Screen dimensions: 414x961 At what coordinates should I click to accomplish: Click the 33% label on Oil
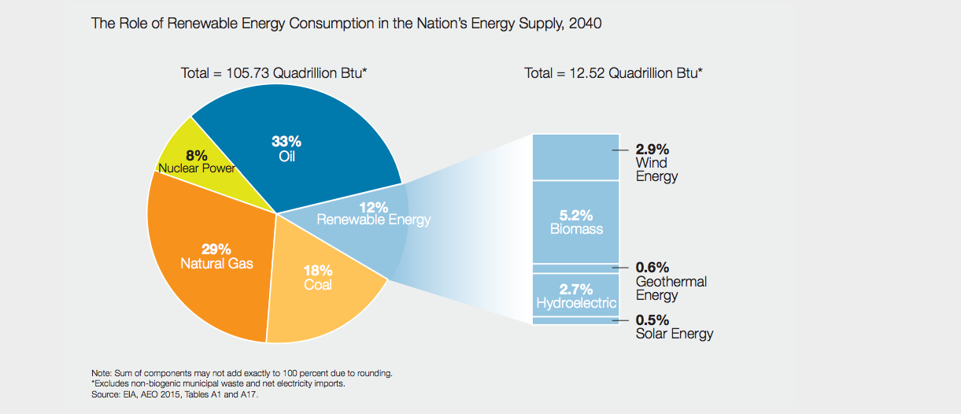pos(286,142)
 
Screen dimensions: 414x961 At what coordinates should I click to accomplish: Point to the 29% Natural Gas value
pos(216,250)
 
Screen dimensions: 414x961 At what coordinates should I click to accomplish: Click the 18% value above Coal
pos(318,270)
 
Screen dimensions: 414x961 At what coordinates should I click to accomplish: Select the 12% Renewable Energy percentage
pos(374,207)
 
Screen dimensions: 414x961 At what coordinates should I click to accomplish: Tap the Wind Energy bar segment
pos(576,157)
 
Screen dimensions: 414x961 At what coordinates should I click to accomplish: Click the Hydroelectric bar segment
pos(576,294)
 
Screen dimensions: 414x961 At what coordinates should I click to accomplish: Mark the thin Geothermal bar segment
pos(576,268)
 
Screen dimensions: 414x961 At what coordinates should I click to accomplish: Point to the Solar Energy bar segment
pos(576,320)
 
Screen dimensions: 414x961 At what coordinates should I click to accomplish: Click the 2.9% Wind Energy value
pos(652,149)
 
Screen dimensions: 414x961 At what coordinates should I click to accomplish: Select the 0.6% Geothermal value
pos(652,268)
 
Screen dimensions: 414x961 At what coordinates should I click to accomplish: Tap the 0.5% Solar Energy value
pos(652,320)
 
